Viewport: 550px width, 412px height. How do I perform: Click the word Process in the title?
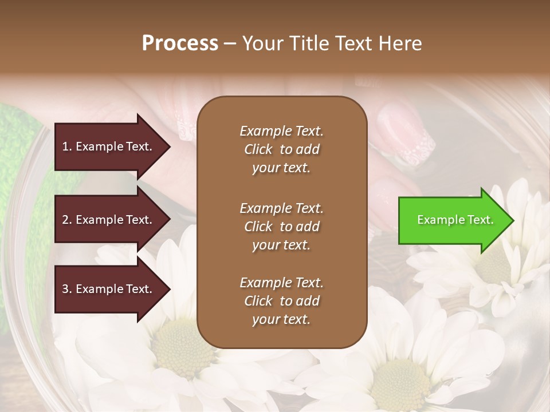click(180, 43)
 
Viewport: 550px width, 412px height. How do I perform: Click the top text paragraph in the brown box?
click(281, 149)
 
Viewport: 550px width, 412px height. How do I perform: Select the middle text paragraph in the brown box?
click(281, 227)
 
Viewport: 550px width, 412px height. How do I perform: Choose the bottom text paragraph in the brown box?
click(281, 301)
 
